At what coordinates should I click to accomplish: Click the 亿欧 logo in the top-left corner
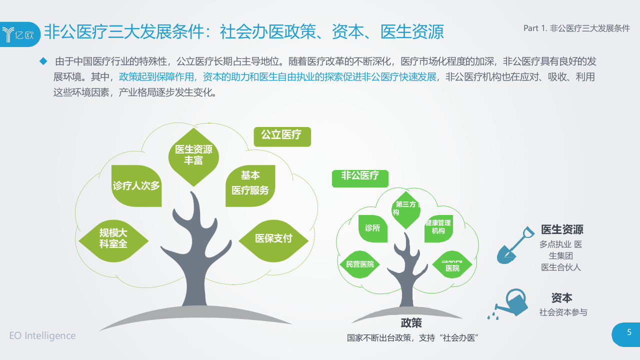(19, 33)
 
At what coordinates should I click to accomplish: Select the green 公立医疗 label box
(282, 135)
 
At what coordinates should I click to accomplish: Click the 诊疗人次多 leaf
(136, 186)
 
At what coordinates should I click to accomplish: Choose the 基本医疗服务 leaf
(250, 184)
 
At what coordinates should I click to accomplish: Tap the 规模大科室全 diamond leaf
(113, 239)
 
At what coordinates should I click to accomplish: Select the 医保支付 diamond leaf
(273, 239)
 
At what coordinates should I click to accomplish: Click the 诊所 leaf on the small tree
(372, 228)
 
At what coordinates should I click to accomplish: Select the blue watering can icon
(512, 303)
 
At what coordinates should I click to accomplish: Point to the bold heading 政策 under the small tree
(411, 323)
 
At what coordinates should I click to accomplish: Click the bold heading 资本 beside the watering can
(562, 298)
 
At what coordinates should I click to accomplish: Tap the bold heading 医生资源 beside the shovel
(562, 230)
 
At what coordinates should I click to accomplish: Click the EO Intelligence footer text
(42, 335)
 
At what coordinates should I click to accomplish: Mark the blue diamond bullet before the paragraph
(43, 61)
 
